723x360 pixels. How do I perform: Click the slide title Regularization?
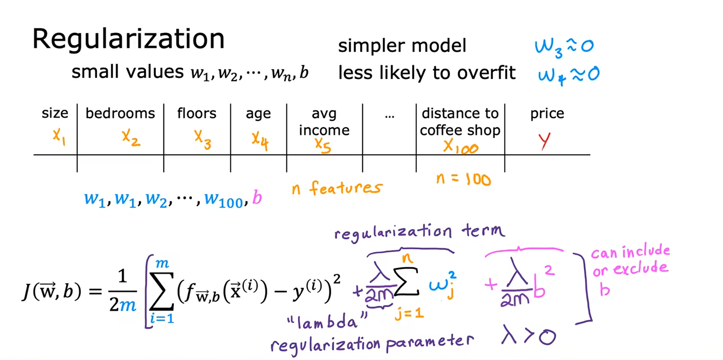point(128,39)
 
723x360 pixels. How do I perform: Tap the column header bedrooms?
point(120,113)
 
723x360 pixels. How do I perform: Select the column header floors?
point(197,113)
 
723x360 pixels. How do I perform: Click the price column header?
point(547,113)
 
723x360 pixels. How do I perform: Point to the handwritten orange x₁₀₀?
point(461,146)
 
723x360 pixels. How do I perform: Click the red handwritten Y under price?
point(544,141)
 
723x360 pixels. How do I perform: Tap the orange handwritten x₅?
point(323,145)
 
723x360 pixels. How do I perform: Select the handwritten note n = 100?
point(464,179)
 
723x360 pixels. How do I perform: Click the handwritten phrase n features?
point(337,188)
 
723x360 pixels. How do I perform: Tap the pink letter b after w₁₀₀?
point(257,198)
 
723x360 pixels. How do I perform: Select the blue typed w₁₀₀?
point(224,200)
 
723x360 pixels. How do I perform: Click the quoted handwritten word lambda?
point(327,322)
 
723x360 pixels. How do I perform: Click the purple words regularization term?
point(419,232)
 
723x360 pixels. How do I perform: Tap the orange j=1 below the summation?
point(409,313)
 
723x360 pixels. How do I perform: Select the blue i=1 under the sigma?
point(162,319)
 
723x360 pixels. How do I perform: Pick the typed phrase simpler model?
point(402,46)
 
